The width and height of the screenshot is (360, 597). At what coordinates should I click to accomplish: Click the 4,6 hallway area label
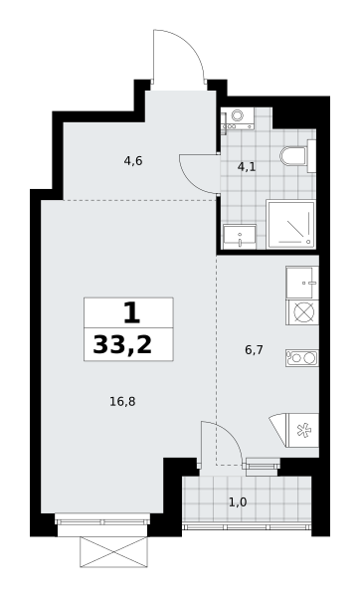click(x=133, y=161)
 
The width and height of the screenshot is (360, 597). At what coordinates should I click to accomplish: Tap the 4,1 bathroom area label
click(x=247, y=167)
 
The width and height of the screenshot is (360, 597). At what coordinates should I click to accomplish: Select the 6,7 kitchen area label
click(x=254, y=350)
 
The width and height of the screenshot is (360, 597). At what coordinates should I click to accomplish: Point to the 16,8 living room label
click(x=122, y=402)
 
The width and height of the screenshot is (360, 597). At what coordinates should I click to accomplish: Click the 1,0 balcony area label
click(x=238, y=502)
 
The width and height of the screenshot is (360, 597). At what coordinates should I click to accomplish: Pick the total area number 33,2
click(x=122, y=345)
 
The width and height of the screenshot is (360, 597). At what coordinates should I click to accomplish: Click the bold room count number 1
click(x=131, y=312)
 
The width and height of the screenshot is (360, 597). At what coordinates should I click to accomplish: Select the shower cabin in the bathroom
click(x=291, y=224)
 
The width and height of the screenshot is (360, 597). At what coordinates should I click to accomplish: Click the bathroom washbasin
click(x=240, y=237)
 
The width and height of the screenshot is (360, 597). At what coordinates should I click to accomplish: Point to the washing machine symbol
click(x=238, y=118)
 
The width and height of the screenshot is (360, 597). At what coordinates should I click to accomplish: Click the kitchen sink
click(x=302, y=283)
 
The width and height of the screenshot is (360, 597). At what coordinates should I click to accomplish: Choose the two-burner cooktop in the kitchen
click(x=302, y=358)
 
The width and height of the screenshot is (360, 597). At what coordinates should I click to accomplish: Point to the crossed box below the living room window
click(x=113, y=552)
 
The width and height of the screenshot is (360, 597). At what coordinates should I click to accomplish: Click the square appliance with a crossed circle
click(x=302, y=312)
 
